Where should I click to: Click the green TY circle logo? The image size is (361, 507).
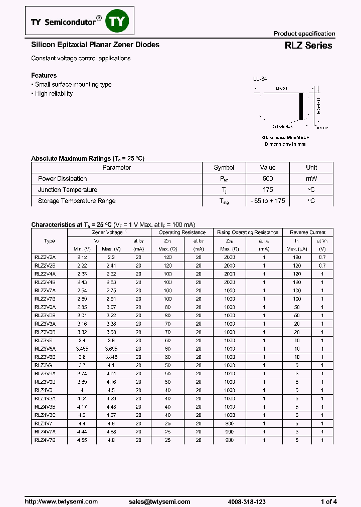point(120,22)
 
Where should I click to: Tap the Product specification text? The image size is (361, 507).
point(304,34)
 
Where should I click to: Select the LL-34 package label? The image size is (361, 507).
point(260,79)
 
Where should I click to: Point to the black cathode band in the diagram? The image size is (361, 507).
point(301,106)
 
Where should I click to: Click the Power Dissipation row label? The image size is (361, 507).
point(62,179)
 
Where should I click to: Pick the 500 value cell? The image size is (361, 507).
point(268,179)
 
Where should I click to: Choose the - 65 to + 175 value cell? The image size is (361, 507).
point(268,201)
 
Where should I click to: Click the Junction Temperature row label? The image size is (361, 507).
point(68,190)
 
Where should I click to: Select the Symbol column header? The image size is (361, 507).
point(224,168)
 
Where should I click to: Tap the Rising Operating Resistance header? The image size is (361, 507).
point(247,232)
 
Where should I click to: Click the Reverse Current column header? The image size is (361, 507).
point(307,232)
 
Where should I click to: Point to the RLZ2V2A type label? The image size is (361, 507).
point(45,257)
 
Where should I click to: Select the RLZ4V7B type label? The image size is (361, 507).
point(45,440)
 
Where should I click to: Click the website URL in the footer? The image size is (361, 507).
point(61,501)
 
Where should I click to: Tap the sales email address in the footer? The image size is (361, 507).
point(159,501)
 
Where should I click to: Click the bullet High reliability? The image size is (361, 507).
point(53,94)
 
